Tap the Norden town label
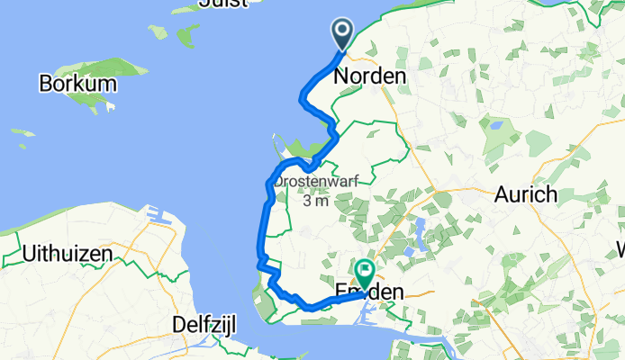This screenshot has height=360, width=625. (x=369, y=77)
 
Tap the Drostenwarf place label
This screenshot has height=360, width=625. (x=315, y=181)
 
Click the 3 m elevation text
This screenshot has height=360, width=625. (x=315, y=202)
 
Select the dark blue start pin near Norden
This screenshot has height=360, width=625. (x=343, y=35)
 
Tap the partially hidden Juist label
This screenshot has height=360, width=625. (x=222, y=4)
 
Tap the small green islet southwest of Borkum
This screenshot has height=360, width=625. (x=23, y=133)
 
